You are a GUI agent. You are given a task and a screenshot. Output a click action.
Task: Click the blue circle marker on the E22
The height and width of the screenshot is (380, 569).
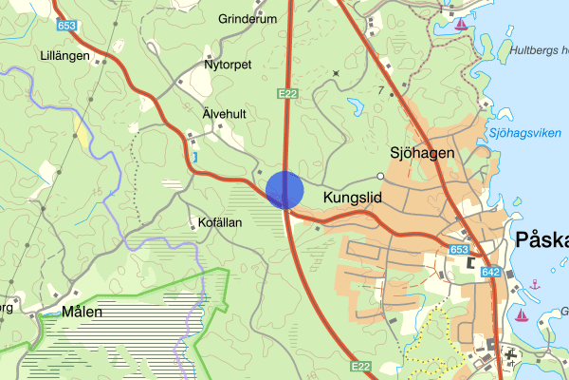pyautogui.click(x=284, y=189)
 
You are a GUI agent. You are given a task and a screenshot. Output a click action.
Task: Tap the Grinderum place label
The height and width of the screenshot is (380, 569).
pyautogui.click(x=248, y=18)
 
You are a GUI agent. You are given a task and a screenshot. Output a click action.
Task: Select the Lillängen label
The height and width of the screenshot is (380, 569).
pyautogui.click(x=64, y=56)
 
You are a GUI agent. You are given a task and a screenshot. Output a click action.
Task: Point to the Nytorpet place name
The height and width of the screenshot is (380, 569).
pyautogui.click(x=228, y=66)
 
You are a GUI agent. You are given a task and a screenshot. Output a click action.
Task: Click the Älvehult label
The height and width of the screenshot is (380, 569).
pyautogui.click(x=225, y=113)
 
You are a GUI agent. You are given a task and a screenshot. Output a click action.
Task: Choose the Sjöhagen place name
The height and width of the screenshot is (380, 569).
pyautogui.click(x=423, y=152)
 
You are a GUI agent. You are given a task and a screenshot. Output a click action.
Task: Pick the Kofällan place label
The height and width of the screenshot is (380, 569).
pyautogui.click(x=222, y=221)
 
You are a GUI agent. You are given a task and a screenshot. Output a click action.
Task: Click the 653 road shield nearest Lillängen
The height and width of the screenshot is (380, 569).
pyautogui.click(x=66, y=25)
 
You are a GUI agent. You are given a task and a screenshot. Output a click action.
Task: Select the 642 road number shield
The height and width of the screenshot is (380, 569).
pyautogui.click(x=490, y=273)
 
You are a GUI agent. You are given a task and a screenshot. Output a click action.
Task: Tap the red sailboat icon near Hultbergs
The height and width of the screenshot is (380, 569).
pyautogui.click(x=460, y=24)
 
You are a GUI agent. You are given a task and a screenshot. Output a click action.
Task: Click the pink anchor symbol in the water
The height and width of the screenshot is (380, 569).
pyautogui.click(x=535, y=284)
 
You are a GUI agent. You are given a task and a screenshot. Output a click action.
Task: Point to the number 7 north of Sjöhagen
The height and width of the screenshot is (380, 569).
pyautogui.click(x=380, y=90)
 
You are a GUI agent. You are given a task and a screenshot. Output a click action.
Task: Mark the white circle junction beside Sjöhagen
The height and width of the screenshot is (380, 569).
pyautogui.click(x=380, y=176)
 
